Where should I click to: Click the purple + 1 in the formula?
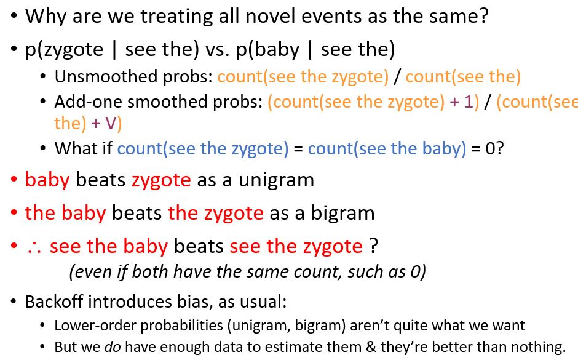464,102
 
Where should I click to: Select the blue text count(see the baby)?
387,148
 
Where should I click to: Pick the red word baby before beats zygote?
47,180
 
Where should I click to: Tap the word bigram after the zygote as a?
343,214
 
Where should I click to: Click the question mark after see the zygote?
373,246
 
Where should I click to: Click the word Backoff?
54,302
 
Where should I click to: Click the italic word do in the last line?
113,346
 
